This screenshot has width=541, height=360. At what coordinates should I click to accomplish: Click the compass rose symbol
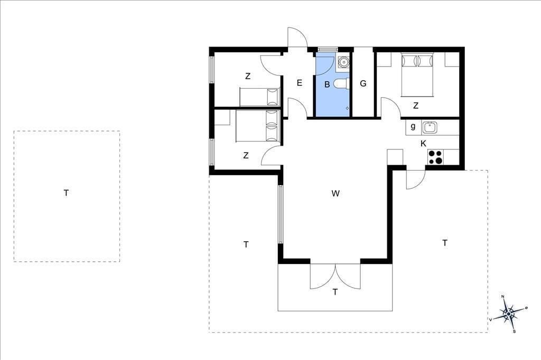tap(509, 314)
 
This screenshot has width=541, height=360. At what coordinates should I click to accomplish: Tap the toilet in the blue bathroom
tap(342, 83)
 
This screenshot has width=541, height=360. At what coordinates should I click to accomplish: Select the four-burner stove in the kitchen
tap(435, 157)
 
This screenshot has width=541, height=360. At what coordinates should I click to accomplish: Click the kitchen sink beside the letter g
tap(430, 128)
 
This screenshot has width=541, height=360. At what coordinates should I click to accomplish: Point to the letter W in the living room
tap(335, 193)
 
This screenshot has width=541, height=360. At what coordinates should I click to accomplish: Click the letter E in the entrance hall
tap(299, 83)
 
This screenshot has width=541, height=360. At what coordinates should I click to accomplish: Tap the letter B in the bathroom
tap(327, 84)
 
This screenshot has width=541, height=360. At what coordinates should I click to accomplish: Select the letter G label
tap(363, 83)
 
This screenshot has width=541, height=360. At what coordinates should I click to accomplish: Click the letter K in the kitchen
tap(423, 144)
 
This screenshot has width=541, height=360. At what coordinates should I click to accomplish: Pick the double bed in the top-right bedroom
tap(417, 74)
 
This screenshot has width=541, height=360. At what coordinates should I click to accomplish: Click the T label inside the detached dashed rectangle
tap(66, 193)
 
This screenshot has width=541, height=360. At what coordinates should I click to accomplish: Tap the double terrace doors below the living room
tap(335, 276)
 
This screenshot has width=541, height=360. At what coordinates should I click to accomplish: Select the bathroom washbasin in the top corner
tap(343, 62)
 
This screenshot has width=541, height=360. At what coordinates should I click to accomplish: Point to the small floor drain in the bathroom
tap(347, 108)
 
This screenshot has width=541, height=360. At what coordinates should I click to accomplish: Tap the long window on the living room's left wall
tap(281, 214)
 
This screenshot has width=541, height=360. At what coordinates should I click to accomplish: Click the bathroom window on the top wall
tap(327, 49)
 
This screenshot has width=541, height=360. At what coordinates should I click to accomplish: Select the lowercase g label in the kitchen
tap(413, 127)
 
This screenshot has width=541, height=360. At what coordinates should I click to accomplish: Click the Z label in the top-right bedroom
tap(416, 106)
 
